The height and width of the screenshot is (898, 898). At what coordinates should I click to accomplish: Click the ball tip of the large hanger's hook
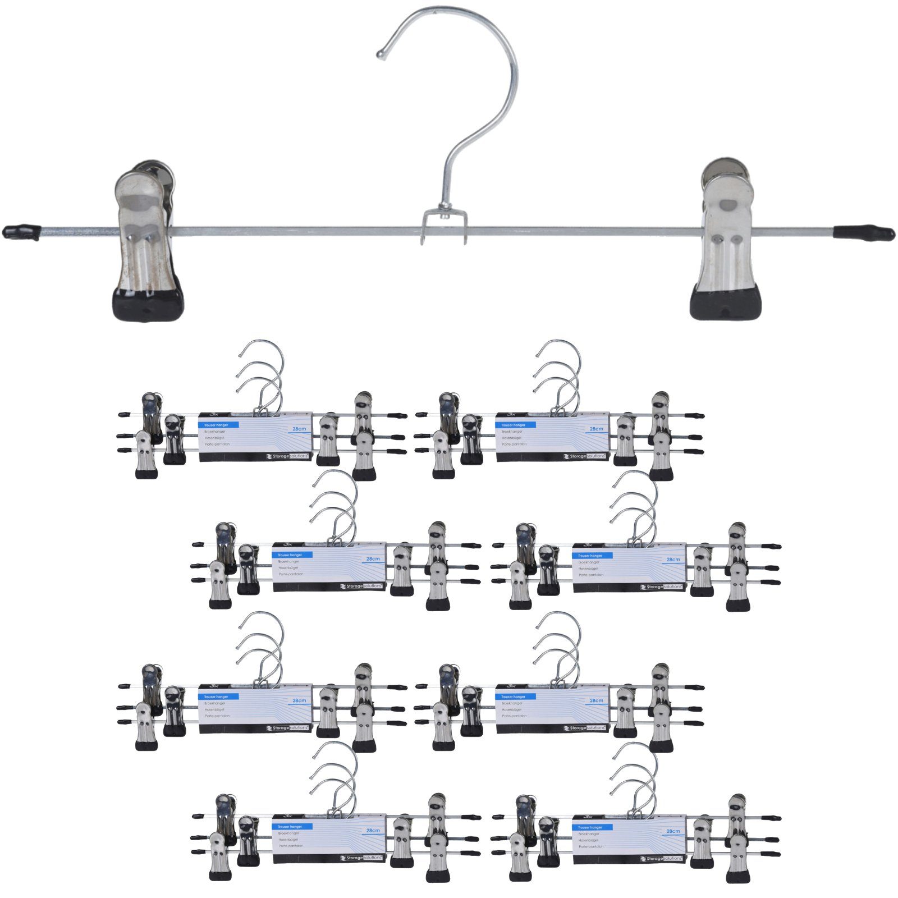pyautogui.click(x=381, y=55)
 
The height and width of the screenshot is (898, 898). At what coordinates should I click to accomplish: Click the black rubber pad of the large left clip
pyautogui.click(x=149, y=304)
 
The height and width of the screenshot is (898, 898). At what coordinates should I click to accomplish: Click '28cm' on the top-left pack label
pyautogui.click(x=299, y=429)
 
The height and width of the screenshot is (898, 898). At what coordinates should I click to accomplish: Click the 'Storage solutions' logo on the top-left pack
pyautogui.click(x=288, y=456)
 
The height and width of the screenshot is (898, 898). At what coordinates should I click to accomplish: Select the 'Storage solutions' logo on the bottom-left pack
pyautogui.click(x=362, y=858)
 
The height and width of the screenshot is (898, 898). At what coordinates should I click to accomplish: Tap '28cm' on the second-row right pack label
pyautogui.click(x=673, y=560)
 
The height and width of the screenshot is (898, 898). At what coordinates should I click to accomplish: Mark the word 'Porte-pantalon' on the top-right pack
pyautogui.click(x=514, y=444)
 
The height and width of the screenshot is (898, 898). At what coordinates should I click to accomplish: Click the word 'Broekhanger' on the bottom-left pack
pyautogui.click(x=288, y=833)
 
